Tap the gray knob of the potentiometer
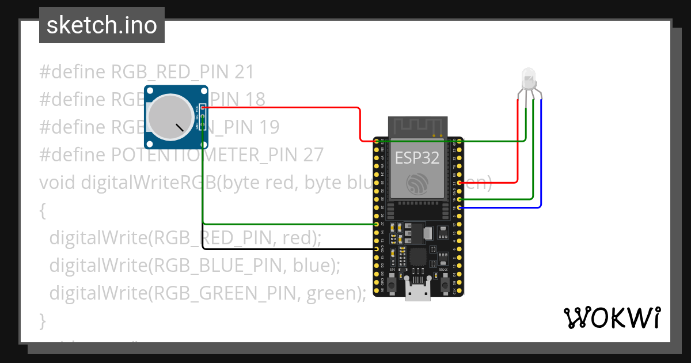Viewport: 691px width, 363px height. pyautogui.click(x=166, y=116)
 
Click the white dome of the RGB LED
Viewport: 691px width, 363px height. pyautogui.click(x=527, y=77)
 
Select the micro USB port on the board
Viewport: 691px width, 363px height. pyautogui.click(x=417, y=293)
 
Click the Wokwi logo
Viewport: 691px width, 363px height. pyautogui.click(x=612, y=317)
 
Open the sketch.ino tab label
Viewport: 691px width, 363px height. pyautogui.click(x=102, y=25)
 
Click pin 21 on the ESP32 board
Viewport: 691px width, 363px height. pyautogui.click(x=460, y=183)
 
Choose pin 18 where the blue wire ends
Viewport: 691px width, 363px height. pyautogui.click(x=460, y=207)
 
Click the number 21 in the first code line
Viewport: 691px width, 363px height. pyautogui.click(x=244, y=72)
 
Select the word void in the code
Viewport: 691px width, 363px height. pyautogui.click(x=58, y=183)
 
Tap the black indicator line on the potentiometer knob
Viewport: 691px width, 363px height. pyautogui.click(x=182, y=127)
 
